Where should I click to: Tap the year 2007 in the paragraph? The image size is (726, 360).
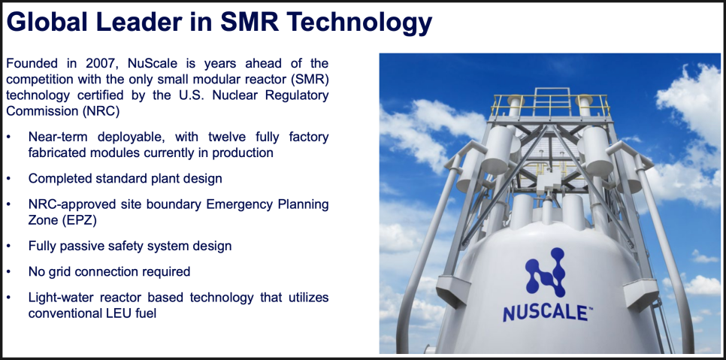coord(101,63)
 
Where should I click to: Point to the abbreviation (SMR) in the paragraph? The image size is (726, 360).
coord(310,80)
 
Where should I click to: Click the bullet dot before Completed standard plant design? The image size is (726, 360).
coord(9,179)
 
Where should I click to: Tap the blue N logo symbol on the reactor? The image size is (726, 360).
coord(545,273)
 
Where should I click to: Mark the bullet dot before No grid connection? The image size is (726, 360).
coord(9,272)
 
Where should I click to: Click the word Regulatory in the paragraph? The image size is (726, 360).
coord(297,95)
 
